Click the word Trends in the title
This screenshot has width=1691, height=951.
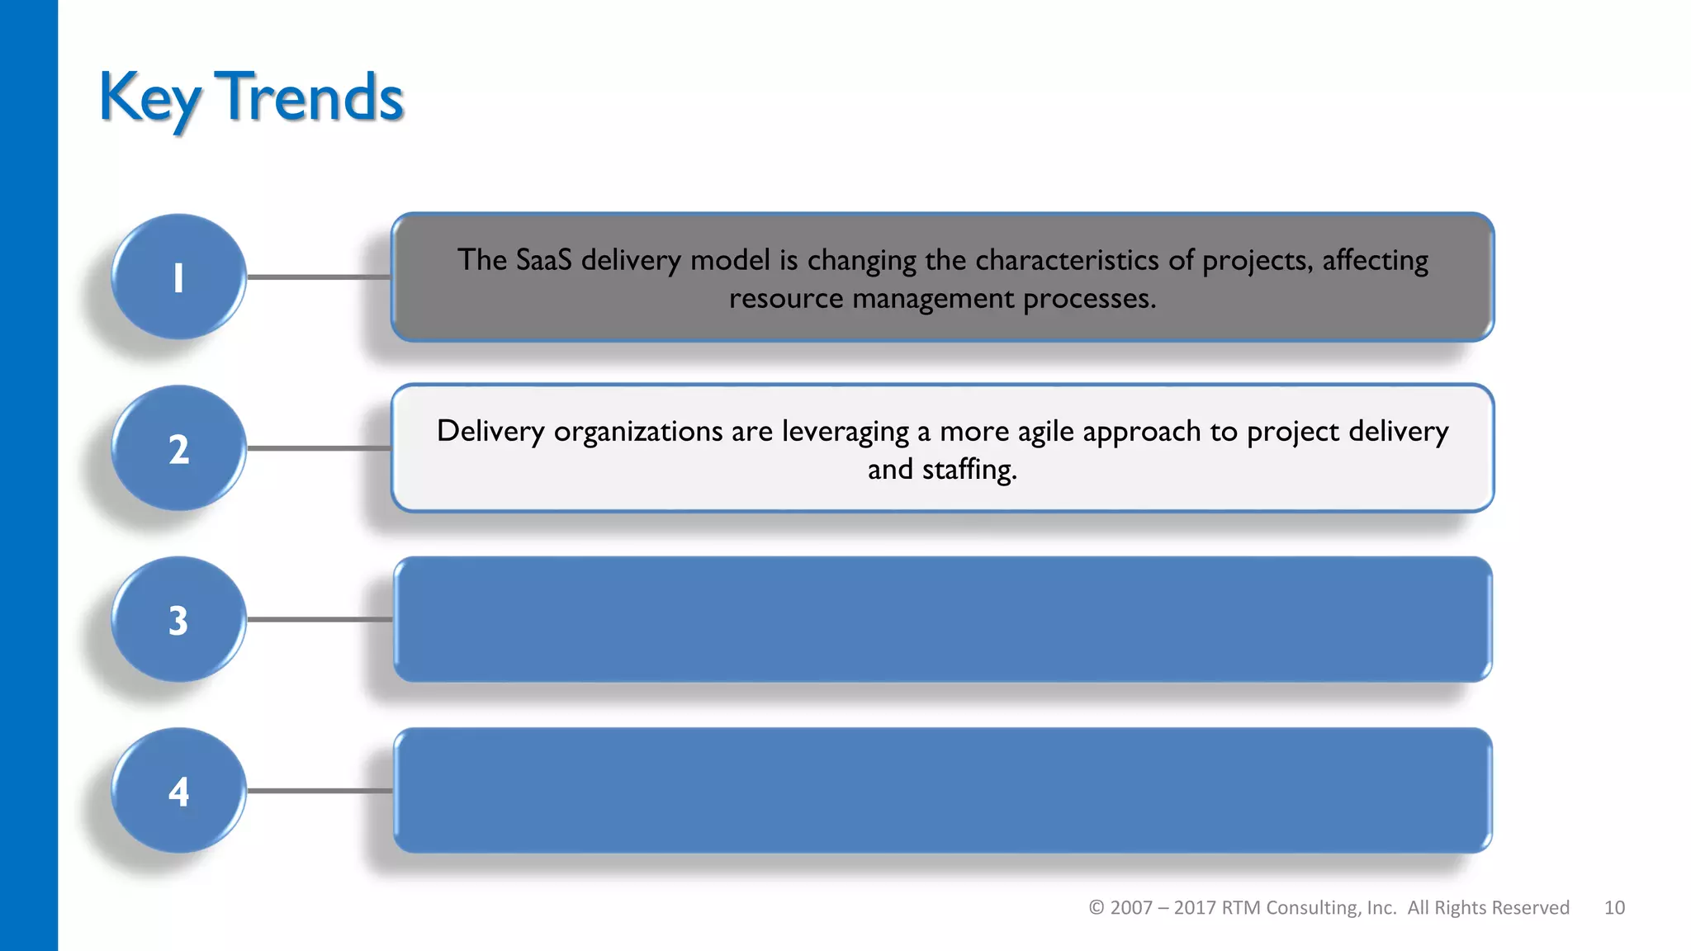pos(309,97)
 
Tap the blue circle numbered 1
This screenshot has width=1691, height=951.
pos(178,277)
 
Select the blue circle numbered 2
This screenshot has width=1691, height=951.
pos(178,449)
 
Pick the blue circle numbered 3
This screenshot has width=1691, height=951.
pos(178,620)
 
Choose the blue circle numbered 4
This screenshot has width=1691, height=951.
pos(178,791)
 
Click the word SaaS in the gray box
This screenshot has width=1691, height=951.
pos(543,260)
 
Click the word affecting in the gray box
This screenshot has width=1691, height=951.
pos(1375,261)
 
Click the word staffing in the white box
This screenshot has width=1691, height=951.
pos(969,470)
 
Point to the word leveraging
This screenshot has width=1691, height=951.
pos(845,432)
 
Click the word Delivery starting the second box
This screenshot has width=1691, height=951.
pos(490,431)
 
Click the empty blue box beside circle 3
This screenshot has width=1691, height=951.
pos(942,620)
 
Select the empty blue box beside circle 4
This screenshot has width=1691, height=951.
pos(942,791)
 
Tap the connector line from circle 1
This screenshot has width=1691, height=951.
pos(319,277)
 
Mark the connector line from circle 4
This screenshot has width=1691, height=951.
pos(319,791)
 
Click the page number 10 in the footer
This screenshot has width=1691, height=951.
pos(1614,908)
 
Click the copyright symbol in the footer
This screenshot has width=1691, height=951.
pos(1096,908)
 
